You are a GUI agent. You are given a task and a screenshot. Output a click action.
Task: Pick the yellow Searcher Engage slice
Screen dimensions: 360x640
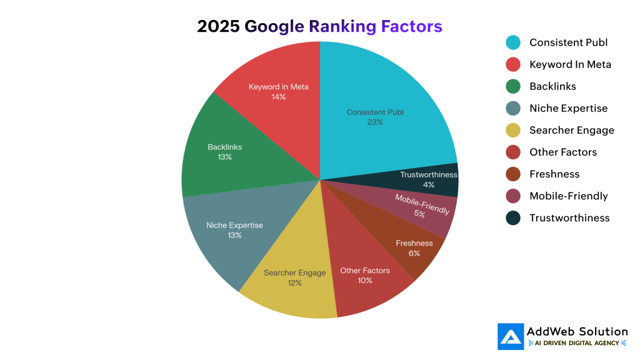click(291, 284)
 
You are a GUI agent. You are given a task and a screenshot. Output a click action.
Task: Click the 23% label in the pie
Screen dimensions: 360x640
click(375, 122)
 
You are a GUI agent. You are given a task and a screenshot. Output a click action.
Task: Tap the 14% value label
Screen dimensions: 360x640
click(278, 97)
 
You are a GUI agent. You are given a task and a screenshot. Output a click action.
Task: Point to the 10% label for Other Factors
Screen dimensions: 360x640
click(365, 281)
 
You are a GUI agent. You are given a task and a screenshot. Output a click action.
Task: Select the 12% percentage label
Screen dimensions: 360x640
click(294, 283)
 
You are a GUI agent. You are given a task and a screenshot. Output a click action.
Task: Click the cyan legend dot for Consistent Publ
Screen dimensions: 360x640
click(513, 42)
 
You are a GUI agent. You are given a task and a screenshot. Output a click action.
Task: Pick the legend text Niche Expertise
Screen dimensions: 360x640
click(568, 108)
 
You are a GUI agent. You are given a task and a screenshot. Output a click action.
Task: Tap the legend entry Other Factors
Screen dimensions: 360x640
click(562, 152)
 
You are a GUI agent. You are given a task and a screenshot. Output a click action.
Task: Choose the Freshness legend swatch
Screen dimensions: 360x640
click(513, 174)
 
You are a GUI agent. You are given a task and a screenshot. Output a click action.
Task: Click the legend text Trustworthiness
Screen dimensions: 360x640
click(569, 217)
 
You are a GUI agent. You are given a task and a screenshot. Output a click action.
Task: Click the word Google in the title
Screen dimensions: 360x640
click(272, 26)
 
